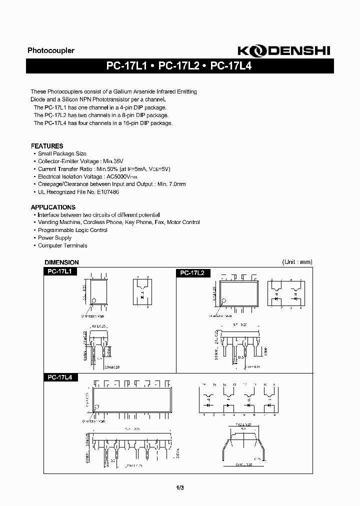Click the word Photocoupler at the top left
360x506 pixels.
pyautogui.click(x=50, y=50)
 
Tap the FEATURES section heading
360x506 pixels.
pyautogui.click(x=47, y=146)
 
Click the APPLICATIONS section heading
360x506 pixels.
pyautogui.click(x=53, y=207)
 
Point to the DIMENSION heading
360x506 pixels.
pyautogui.click(x=62, y=262)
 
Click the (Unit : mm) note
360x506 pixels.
pyautogui.click(x=297, y=262)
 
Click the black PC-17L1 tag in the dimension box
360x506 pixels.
pyautogui.click(x=59, y=271)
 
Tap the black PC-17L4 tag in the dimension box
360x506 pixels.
pyautogui.click(x=59, y=378)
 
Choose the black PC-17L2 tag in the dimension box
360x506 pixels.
pyautogui.click(x=193, y=273)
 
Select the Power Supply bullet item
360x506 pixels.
pyautogui.click(x=55, y=238)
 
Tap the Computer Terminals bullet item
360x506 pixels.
pyautogui.click(x=62, y=245)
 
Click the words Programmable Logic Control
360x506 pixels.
pyautogui.click(x=73, y=230)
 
